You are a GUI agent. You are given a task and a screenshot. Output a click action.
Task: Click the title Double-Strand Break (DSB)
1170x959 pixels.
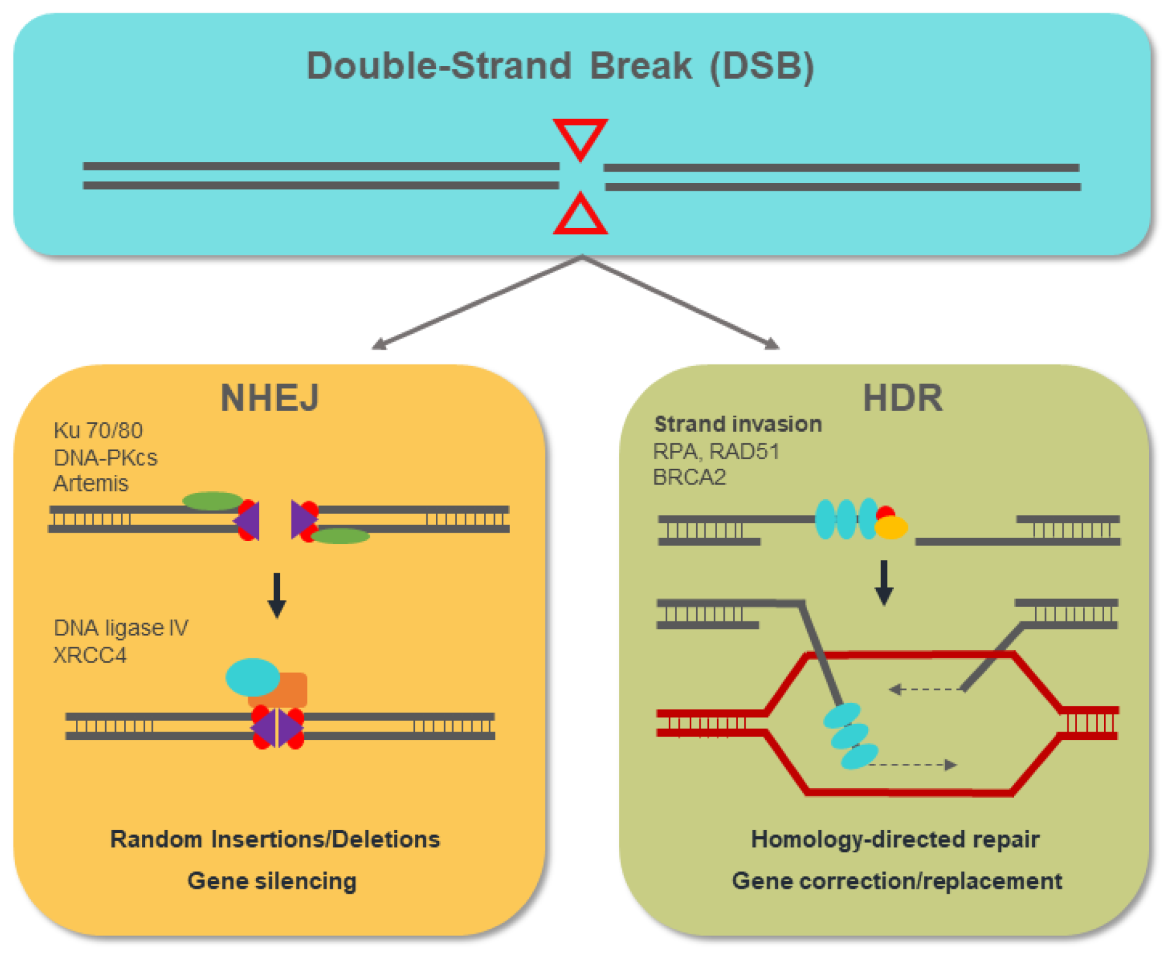point(560,66)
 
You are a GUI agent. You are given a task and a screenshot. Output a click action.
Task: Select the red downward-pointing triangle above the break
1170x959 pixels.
point(580,137)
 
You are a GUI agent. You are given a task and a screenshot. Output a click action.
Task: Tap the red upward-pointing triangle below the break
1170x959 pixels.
point(580,216)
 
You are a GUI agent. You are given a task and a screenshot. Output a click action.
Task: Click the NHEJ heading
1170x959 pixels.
point(270,398)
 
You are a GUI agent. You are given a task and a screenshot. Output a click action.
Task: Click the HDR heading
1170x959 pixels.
point(903,398)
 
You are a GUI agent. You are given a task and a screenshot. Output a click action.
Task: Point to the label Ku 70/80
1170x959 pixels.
point(98,431)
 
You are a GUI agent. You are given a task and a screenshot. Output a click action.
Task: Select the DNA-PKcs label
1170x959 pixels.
point(106,457)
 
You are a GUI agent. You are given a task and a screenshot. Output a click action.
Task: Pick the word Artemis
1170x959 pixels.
point(91,483)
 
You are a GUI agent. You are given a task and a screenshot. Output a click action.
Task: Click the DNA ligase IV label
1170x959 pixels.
point(121,628)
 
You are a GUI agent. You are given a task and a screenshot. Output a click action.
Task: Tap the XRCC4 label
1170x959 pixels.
point(90,655)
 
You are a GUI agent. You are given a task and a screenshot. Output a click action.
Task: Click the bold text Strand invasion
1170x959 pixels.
point(738,424)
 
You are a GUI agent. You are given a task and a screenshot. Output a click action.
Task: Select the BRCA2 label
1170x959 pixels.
point(689,477)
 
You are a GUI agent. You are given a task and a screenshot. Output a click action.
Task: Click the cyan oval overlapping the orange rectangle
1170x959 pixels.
point(252,676)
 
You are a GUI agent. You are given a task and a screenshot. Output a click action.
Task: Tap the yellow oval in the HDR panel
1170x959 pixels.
point(891,527)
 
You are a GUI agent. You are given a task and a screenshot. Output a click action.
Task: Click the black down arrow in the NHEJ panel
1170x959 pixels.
point(277,595)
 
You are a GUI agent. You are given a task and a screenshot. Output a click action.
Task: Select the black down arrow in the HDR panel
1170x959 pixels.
point(884,582)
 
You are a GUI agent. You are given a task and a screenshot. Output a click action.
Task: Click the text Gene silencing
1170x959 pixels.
point(272,880)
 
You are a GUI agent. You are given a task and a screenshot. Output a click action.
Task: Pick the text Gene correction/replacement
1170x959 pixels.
point(897,880)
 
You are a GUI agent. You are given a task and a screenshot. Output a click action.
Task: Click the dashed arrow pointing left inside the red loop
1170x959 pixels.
point(925,689)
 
